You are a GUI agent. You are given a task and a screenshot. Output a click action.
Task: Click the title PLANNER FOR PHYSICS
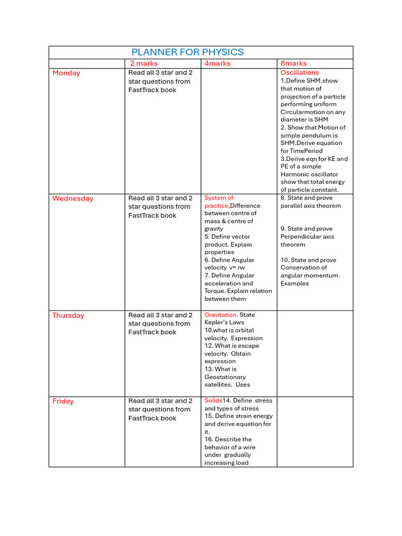pos(187,52)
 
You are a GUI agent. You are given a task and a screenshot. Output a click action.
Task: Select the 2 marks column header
pos(143,63)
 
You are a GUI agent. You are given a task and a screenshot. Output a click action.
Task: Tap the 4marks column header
pos(217,63)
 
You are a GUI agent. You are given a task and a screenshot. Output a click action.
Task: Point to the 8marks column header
pos(294,63)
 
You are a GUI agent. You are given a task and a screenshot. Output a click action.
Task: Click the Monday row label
pos(66,73)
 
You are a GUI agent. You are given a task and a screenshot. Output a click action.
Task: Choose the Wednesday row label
pos(73,198)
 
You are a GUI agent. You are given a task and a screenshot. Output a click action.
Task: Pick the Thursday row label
pos(68,315)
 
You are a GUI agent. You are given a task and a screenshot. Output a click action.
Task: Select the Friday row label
pos(63,401)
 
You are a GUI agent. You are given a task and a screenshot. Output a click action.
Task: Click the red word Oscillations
pos(299,73)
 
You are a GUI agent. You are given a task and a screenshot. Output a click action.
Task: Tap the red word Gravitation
pos(220,315)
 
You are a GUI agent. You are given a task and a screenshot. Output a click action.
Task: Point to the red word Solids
pos(213,400)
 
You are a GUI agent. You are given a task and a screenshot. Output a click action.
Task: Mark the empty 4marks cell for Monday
pos(239,131)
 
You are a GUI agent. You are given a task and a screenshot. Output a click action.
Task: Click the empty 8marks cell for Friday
pos(315,431)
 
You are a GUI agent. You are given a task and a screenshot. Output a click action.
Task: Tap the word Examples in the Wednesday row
pos(295,283)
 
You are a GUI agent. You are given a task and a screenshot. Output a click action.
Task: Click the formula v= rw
pos(233,267)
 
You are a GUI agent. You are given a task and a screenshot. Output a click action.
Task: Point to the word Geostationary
pos(225,377)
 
